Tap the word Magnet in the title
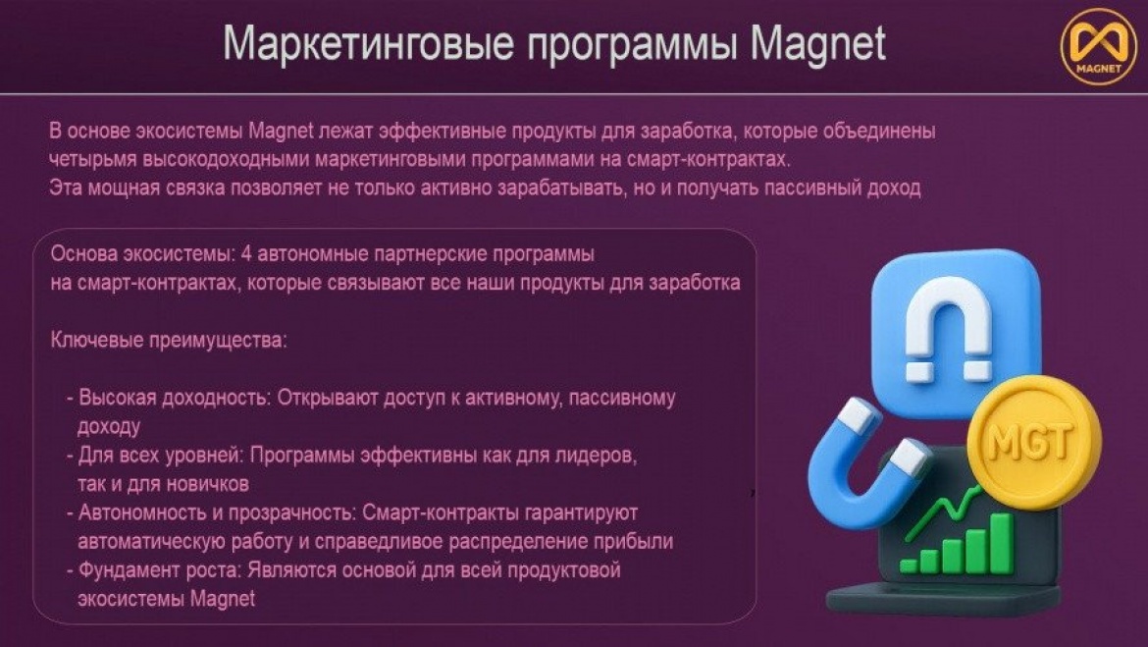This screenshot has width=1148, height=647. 817,44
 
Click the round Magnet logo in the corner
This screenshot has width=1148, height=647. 1098,47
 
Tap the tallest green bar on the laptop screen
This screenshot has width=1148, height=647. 1001,543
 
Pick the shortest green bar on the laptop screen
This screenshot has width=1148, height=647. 909,566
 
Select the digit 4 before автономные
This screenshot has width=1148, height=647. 246,254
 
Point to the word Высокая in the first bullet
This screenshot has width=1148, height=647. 117,398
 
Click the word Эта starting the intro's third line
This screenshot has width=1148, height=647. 66,189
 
